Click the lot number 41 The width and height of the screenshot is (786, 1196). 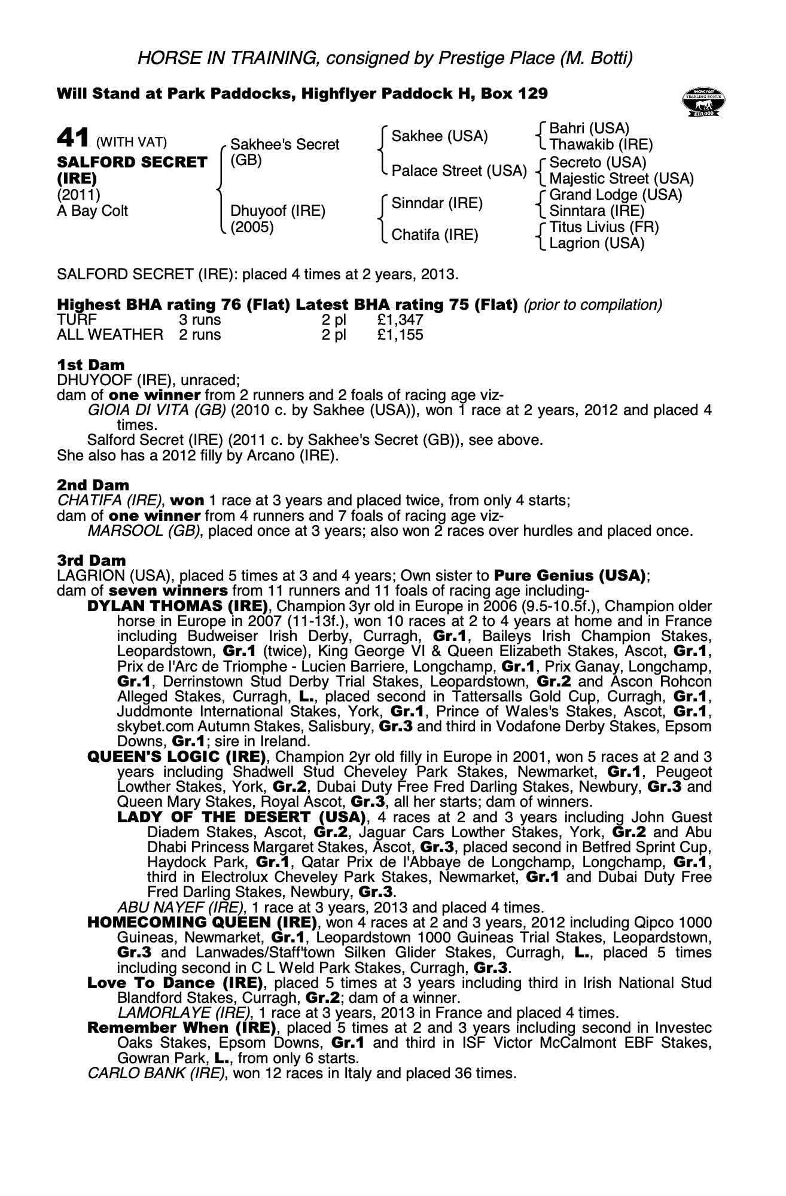tap(73, 138)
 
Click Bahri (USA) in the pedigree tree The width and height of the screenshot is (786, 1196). tap(589, 129)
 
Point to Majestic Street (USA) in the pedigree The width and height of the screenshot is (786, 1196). tap(621, 178)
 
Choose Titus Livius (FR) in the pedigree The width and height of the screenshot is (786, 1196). tap(604, 227)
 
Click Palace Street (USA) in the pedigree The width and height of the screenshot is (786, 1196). tap(459, 171)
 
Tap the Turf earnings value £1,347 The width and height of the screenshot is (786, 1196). tap(400, 320)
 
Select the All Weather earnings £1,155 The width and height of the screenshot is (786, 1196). tap(400, 335)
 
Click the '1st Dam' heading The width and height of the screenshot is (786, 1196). tap(91, 365)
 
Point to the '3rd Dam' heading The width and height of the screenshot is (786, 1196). tap(92, 560)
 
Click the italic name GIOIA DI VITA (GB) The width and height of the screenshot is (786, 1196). tap(157, 410)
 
